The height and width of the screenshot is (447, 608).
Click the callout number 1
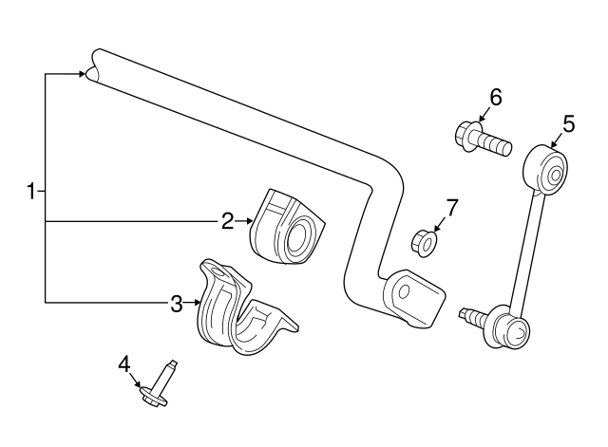31,192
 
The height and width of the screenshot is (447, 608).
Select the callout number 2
227,221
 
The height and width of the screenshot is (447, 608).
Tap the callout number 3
177,304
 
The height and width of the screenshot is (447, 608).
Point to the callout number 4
123,362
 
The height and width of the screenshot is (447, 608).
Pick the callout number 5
568,122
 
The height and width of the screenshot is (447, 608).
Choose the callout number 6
495,97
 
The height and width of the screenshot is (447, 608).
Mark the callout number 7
451,208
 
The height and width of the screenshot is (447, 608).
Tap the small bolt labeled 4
158,383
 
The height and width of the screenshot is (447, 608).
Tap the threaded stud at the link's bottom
469,314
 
